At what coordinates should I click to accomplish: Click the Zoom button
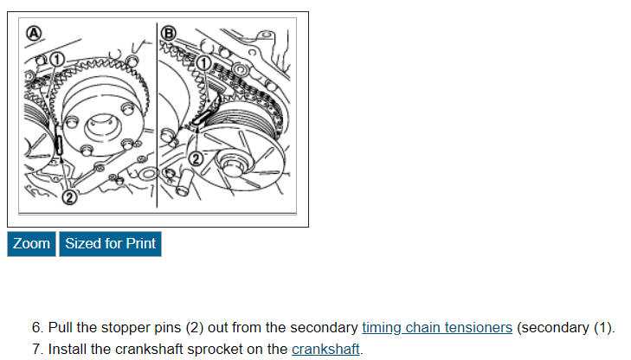pyautogui.click(x=31, y=244)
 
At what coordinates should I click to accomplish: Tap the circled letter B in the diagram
pyautogui.click(x=170, y=34)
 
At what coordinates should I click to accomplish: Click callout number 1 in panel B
pyautogui.click(x=203, y=63)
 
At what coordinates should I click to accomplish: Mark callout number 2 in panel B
pyautogui.click(x=196, y=158)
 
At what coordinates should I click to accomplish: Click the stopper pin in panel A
pyautogui.click(x=59, y=145)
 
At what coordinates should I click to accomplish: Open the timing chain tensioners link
pyautogui.click(x=437, y=328)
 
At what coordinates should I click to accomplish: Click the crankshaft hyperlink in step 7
pyautogui.click(x=325, y=350)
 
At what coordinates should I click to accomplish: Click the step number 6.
pyautogui.click(x=37, y=328)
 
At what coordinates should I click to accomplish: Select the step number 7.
pyautogui.click(x=37, y=350)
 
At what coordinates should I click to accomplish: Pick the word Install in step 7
pyautogui.click(x=68, y=350)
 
